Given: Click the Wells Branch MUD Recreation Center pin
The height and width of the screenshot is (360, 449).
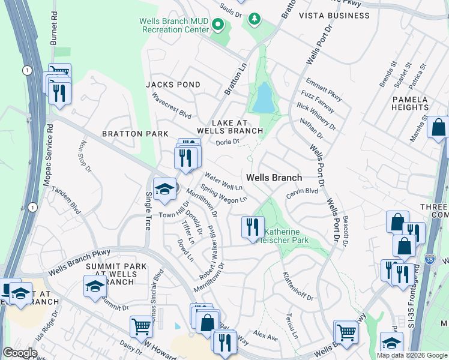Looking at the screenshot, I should coord(218,26).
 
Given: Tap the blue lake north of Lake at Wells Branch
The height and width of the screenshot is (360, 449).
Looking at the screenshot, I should coord(263,98).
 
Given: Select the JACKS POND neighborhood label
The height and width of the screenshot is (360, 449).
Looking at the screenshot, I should coord(173,85).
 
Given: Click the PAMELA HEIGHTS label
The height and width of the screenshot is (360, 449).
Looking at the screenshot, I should coord(411,103).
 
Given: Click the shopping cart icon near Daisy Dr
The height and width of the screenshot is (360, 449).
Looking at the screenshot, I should coord(141,326).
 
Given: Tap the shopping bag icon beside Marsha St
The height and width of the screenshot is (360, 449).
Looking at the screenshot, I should coord(439,127).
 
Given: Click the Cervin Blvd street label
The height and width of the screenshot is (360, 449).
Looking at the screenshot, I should coord(301,191).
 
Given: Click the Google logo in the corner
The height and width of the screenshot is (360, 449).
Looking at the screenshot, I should coord(20,353).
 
